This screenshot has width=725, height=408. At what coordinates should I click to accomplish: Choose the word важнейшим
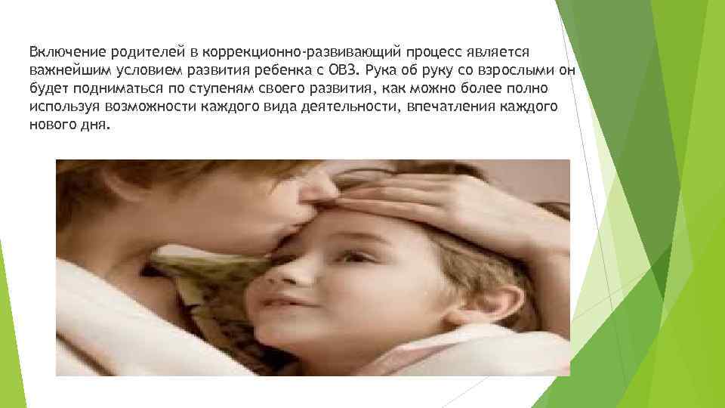63,71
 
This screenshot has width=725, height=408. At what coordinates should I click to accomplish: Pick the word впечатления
442,107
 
